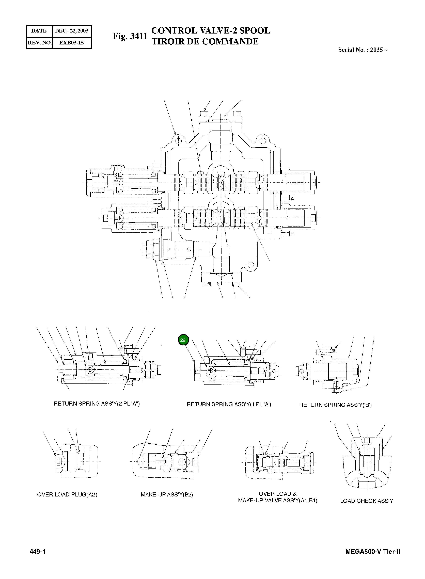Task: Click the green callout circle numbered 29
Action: (183, 340)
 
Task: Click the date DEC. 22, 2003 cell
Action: (72, 31)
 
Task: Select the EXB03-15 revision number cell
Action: (72, 43)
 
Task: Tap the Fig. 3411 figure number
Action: (130, 36)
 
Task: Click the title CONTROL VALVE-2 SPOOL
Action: (211, 31)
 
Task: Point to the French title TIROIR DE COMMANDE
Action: (205, 42)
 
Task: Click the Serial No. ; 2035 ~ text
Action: (363, 50)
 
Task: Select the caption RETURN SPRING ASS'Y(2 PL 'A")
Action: (97, 404)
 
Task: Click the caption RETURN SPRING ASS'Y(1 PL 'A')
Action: (229, 404)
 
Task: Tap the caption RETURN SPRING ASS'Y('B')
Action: (335, 405)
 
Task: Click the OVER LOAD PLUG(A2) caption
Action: (67, 495)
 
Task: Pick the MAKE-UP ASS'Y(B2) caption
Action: (167, 495)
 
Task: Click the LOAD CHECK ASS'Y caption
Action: (366, 501)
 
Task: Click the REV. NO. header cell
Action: (40, 43)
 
